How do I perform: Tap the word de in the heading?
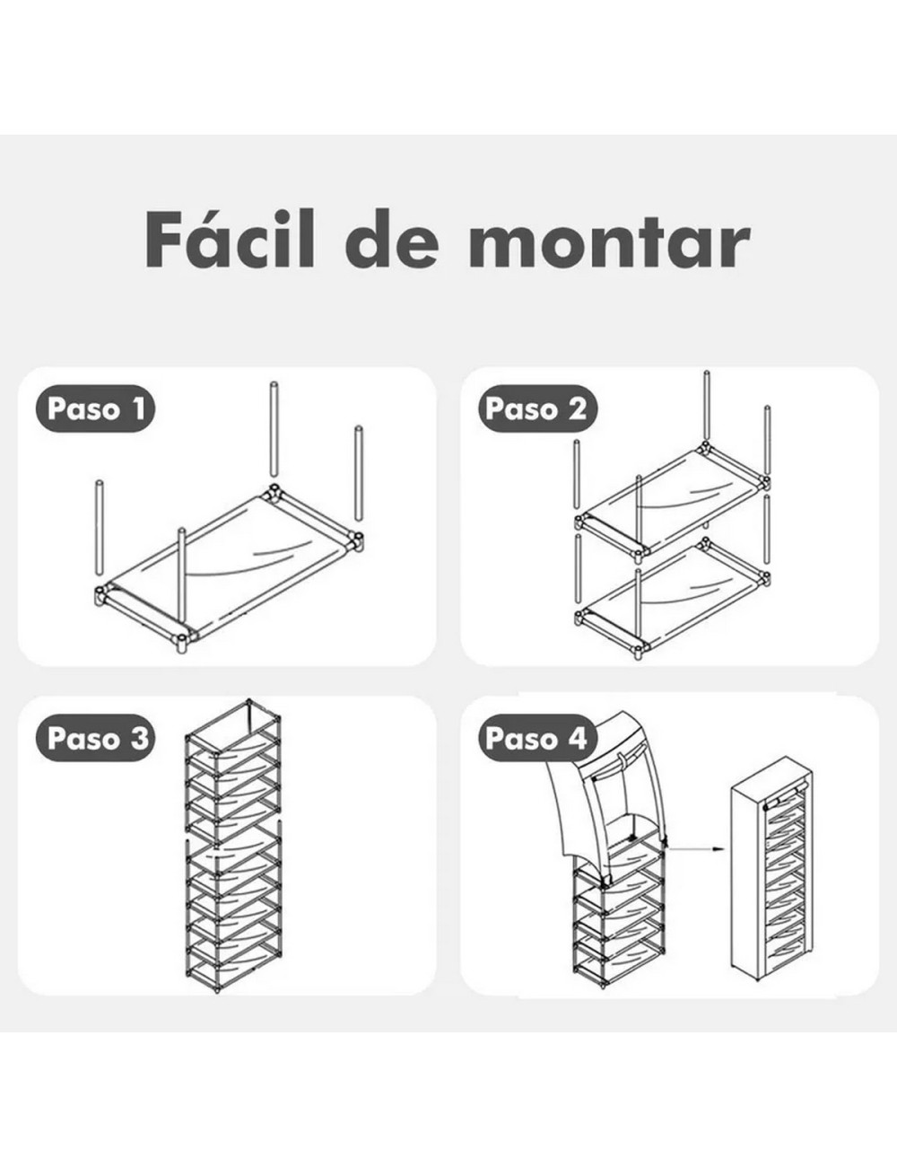coord(392,240)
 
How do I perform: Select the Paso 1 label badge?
coord(95,409)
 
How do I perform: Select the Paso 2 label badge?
coord(538,409)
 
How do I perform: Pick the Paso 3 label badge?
coord(95,738)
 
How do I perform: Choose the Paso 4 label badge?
coord(538,738)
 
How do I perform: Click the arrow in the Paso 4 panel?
coord(696,848)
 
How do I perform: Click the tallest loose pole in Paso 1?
coord(273,429)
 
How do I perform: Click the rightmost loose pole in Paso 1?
coord(359,473)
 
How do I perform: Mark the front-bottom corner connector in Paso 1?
coord(182,641)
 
